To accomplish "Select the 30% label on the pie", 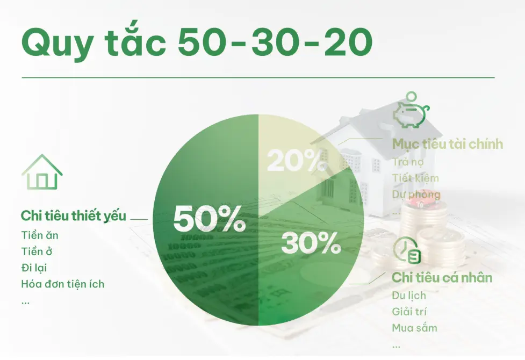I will [x=311, y=243].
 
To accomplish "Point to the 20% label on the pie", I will [x=297, y=160].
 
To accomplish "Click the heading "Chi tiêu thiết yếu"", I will [x=74, y=216].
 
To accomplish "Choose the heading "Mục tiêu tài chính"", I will [x=448, y=144].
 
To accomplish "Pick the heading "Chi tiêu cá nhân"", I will [x=442, y=278].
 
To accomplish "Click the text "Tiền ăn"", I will [x=40, y=235].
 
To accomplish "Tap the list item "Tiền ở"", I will [x=37, y=251].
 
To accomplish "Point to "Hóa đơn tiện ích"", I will [x=63, y=284].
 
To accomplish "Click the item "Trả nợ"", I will [x=408, y=162].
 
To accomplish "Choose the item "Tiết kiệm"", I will [x=415, y=178].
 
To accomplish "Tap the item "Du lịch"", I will [x=409, y=296].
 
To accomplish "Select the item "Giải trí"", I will [x=409, y=312].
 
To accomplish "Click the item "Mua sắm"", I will [x=414, y=328].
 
